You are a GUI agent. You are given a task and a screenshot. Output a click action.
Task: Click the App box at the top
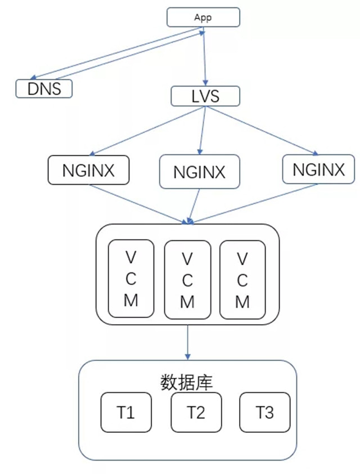coord(203,17)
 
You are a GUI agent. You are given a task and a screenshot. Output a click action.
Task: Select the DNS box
coord(44,88)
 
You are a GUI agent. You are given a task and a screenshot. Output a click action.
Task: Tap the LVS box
coord(205,96)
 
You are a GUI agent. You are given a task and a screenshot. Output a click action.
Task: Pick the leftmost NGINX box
coord(88,170)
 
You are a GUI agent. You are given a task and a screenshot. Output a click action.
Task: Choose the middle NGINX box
coord(199,172)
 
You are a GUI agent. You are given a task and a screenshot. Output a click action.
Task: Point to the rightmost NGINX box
coord(319,169)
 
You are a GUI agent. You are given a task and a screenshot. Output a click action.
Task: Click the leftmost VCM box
coord(130,279)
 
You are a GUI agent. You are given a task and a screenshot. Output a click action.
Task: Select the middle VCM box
coord(187,280)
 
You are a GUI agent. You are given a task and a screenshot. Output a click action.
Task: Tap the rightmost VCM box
coord(242,280)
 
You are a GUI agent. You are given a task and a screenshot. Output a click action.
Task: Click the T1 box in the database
coord(126,413)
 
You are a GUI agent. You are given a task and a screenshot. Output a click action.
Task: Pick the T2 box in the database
coord(196,413)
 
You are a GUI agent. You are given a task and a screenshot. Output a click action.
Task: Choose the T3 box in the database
coord(265,413)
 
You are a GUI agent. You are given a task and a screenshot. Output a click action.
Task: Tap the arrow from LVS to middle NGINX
coord(202,130)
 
